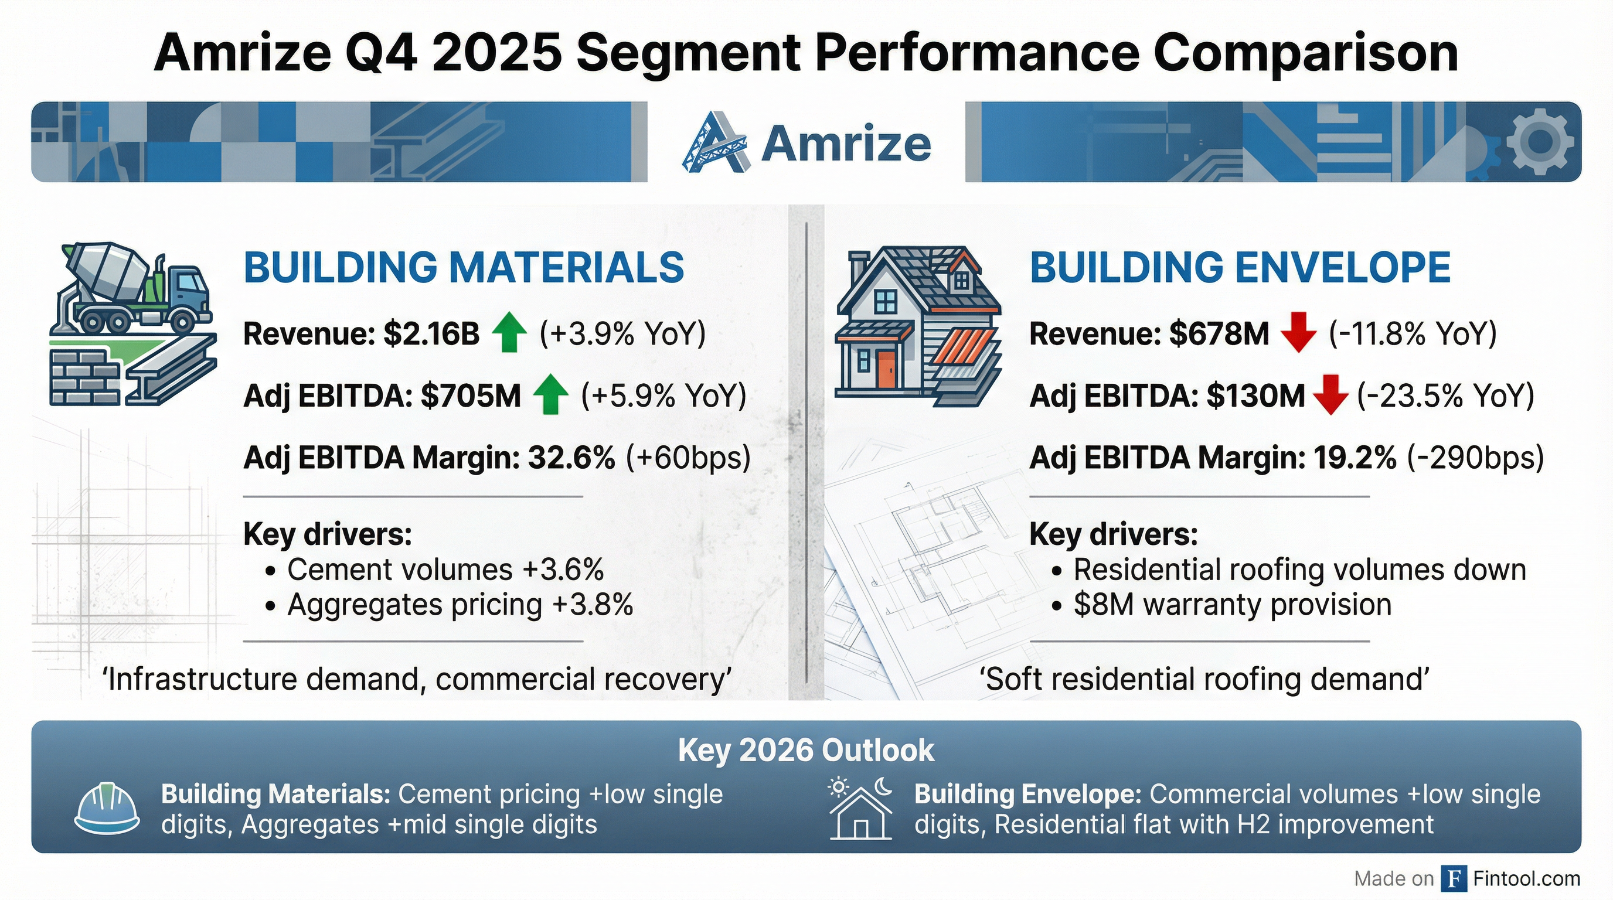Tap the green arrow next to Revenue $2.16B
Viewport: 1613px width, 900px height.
pos(509,333)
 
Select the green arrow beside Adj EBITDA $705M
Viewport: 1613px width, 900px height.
pos(550,395)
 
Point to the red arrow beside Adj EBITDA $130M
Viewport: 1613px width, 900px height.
pos(1330,395)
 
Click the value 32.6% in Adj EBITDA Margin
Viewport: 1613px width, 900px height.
pos(571,458)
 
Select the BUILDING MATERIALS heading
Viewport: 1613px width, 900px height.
pos(464,268)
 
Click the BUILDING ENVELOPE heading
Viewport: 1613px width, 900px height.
pos(1240,268)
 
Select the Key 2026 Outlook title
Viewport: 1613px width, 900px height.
pos(806,750)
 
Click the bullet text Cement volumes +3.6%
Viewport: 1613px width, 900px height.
pos(445,570)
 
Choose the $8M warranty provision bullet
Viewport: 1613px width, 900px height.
pos(1231,605)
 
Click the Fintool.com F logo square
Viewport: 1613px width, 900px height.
pos(1454,879)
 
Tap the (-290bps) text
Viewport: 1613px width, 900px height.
pos(1475,458)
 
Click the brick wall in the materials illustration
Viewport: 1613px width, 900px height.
pos(84,376)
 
